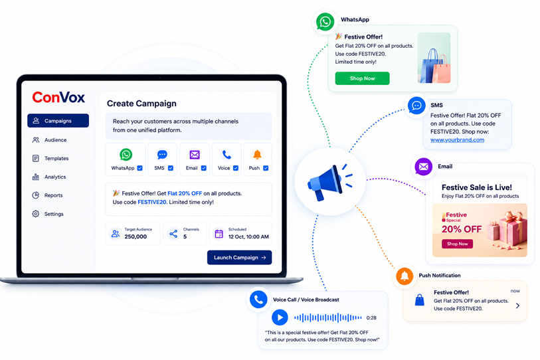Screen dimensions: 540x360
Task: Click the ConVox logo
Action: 58,98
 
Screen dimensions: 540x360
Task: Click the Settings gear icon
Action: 35,214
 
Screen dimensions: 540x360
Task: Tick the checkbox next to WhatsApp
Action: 140,168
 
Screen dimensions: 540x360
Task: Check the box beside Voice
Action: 236,168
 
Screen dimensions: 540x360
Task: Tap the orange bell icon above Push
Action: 257,155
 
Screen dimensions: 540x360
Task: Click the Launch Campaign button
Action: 239,257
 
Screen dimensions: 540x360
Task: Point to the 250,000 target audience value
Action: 135,236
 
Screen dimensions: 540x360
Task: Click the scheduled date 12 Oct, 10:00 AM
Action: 248,236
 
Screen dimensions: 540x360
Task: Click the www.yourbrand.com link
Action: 458,140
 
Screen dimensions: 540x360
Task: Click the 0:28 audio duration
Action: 371,317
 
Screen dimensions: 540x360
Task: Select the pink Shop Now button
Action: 458,244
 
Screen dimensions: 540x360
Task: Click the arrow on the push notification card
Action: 517,306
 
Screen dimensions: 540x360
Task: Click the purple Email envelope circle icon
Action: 424,167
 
